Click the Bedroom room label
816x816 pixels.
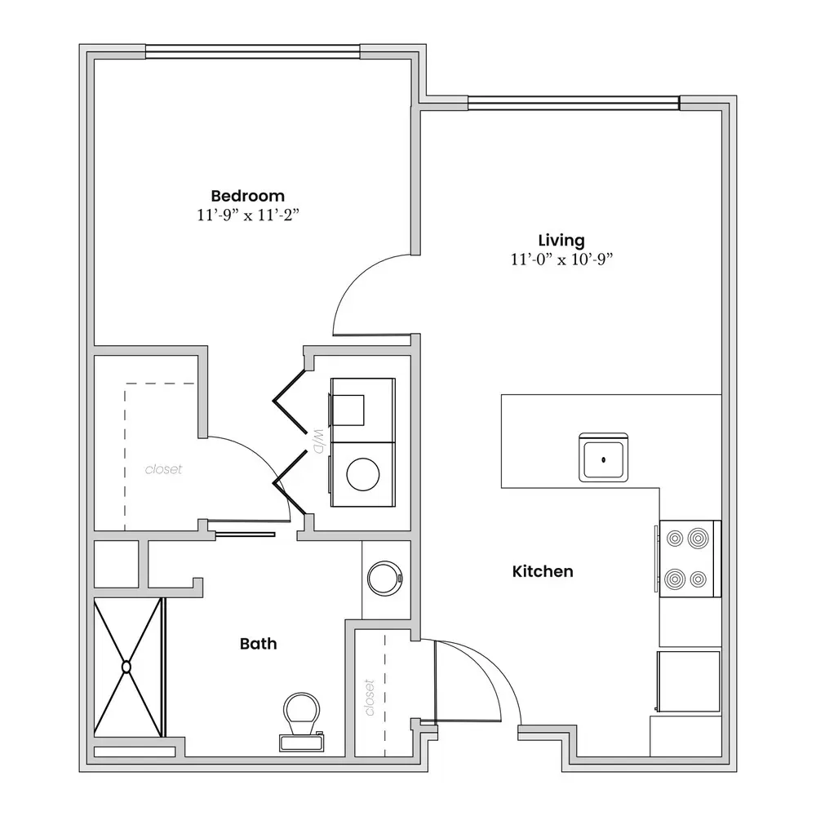click(x=248, y=196)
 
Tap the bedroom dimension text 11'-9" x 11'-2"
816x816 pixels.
click(x=248, y=215)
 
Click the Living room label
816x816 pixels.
click(x=561, y=241)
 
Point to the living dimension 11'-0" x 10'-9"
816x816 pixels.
click(x=561, y=259)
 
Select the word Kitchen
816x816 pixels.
click(x=543, y=571)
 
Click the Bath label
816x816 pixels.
click(x=258, y=644)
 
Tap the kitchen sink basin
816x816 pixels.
click(x=604, y=458)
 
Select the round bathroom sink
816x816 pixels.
click(x=385, y=579)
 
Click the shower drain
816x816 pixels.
click(x=126, y=667)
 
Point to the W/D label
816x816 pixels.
click(x=318, y=441)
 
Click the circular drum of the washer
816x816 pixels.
click(x=363, y=474)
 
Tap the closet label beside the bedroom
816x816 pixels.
click(x=163, y=469)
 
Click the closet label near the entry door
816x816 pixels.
click(x=370, y=698)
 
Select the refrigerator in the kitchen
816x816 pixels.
click(x=689, y=681)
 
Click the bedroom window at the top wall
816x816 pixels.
click(x=253, y=51)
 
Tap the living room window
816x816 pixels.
click(x=574, y=103)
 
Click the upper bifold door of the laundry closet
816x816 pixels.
click(x=290, y=401)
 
